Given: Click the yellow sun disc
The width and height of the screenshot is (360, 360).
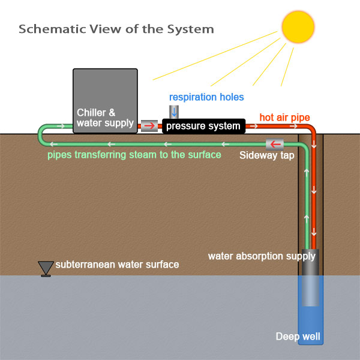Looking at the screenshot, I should click(x=298, y=27).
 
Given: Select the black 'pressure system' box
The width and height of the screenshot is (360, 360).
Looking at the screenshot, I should click(x=203, y=126).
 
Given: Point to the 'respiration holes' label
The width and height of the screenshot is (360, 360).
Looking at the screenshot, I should click(x=206, y=97).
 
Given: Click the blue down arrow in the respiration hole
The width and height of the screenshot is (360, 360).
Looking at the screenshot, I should click(x=174, y=112).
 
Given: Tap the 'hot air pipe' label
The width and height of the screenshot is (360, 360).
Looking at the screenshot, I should click(x=284, y=118).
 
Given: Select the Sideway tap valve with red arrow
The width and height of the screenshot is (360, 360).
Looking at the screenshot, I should click(x=275, y=144).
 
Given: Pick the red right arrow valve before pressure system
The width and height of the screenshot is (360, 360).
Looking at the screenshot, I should click(x=149, y=126).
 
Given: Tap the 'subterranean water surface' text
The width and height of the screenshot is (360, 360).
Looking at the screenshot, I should click(x=117, y=265).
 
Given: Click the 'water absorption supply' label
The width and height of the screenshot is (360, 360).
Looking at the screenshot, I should click(x=262, y=256).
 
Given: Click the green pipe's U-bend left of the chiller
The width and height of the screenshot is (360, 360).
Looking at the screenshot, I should click(x=41, y=135).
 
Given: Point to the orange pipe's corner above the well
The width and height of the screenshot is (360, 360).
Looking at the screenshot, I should click(x=312, y=130).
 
